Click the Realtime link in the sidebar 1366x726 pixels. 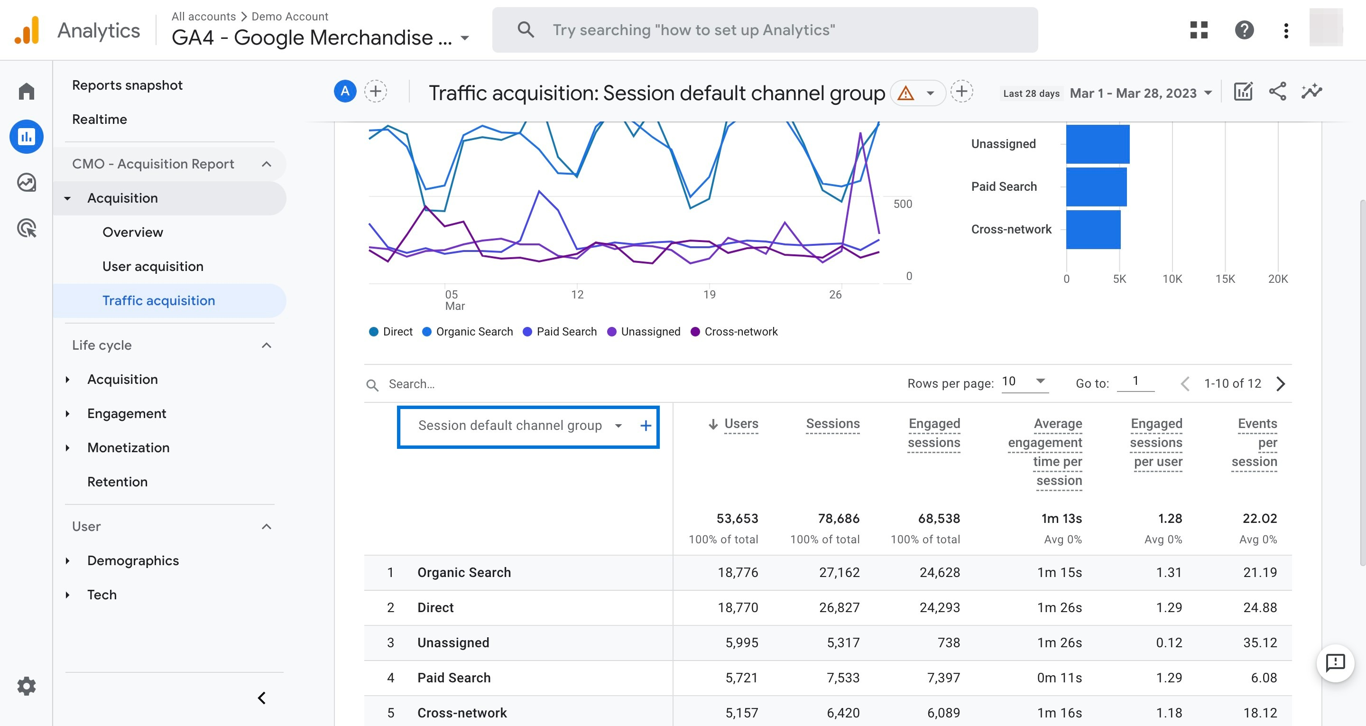point(99,120)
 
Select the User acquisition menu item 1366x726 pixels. point(153,266)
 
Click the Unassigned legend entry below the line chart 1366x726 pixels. point(650,332)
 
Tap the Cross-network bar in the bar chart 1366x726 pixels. point(1093,229)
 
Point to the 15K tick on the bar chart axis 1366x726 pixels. point(1225,279)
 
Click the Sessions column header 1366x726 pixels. point(832,423)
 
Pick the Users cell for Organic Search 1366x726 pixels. point(738,573)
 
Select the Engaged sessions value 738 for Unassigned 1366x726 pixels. point(949,642)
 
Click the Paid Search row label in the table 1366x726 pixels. point(454,678)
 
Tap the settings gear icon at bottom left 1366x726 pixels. point(27,686)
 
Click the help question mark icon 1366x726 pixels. point(1244,30)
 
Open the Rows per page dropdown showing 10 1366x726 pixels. point(1024,382)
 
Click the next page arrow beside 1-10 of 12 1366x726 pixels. point(1281,384)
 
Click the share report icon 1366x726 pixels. point(1277,92)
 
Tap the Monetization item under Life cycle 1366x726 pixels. point(129,447)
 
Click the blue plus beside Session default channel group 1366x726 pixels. point(646,426)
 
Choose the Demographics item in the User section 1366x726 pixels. point(133,560)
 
